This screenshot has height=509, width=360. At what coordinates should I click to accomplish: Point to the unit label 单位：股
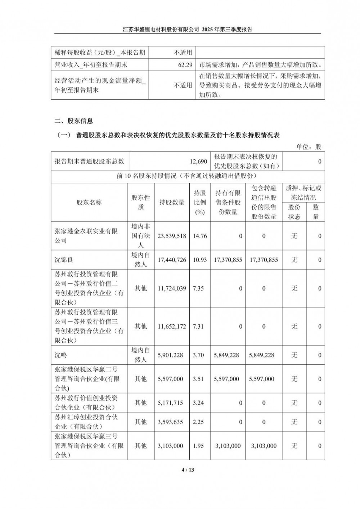309,147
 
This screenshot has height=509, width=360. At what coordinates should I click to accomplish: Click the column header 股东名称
89,202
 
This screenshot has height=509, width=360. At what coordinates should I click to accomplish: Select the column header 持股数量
172,202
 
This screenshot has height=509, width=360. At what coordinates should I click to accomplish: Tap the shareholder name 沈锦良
64,260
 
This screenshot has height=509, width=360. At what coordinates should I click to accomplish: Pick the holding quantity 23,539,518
172,236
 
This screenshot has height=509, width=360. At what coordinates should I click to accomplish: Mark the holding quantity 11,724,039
172,288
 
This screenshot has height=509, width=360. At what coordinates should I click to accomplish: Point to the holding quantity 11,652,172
172,326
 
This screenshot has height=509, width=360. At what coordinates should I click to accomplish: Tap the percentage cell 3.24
198,403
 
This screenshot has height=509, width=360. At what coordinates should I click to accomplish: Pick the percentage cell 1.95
198,446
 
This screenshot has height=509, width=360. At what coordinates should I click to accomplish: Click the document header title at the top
187,30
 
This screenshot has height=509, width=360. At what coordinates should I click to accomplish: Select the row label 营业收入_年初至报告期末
91,65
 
